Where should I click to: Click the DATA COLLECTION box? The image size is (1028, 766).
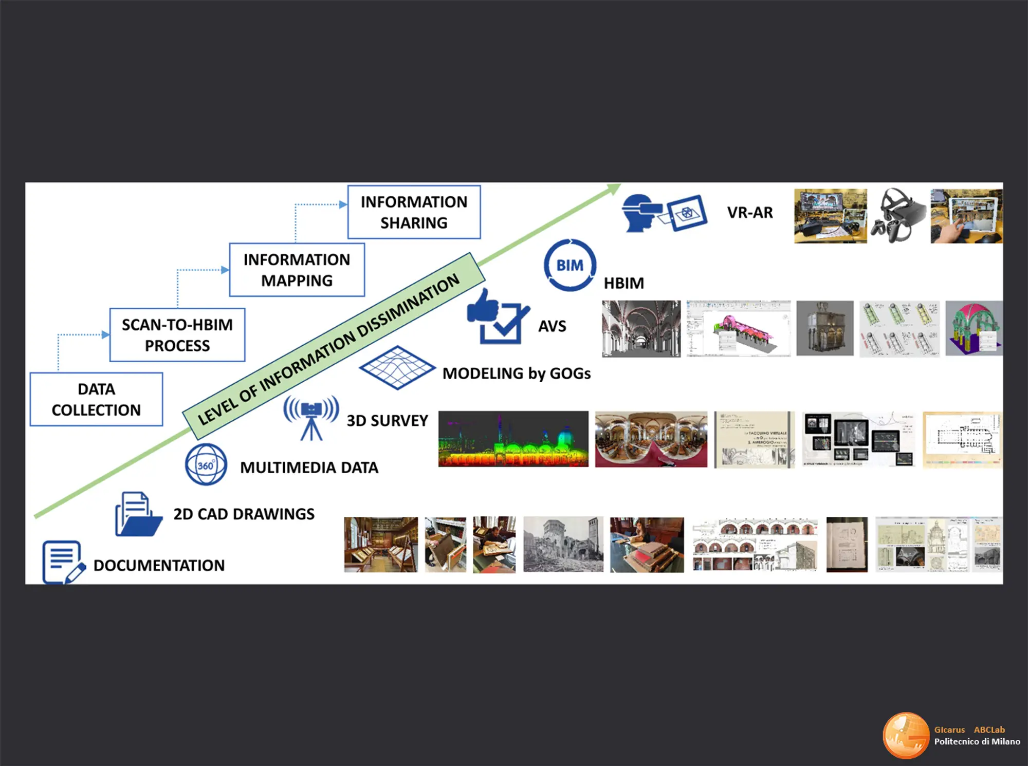(x=96, y=399)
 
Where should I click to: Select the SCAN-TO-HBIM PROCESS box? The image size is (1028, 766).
(x=177, y=334)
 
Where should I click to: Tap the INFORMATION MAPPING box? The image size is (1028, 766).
(x=297, y=270)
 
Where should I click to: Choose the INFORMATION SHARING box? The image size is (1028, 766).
(x=414, y=212)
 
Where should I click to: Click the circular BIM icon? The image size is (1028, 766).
(x=570, y=265)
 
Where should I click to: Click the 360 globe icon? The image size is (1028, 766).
(x=206, y=465)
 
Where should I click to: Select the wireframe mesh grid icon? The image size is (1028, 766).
(x=397, y=367)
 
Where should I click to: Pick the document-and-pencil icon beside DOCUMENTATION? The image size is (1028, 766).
(x=62, y=562)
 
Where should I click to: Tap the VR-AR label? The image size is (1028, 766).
(x=749, y=213)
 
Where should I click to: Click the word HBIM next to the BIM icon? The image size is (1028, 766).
(x=623, y=283)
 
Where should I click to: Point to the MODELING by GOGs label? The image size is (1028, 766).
(x=516, y=373)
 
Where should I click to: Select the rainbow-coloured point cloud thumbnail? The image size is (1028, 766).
(x=513, y=439)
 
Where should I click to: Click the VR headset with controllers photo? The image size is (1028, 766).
(x=898, y=216)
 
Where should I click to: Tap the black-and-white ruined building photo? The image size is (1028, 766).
(x=563, y=545)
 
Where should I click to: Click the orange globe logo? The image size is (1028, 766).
(x=906, y=735)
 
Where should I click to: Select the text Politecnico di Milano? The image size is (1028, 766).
(x=977, y=741)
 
